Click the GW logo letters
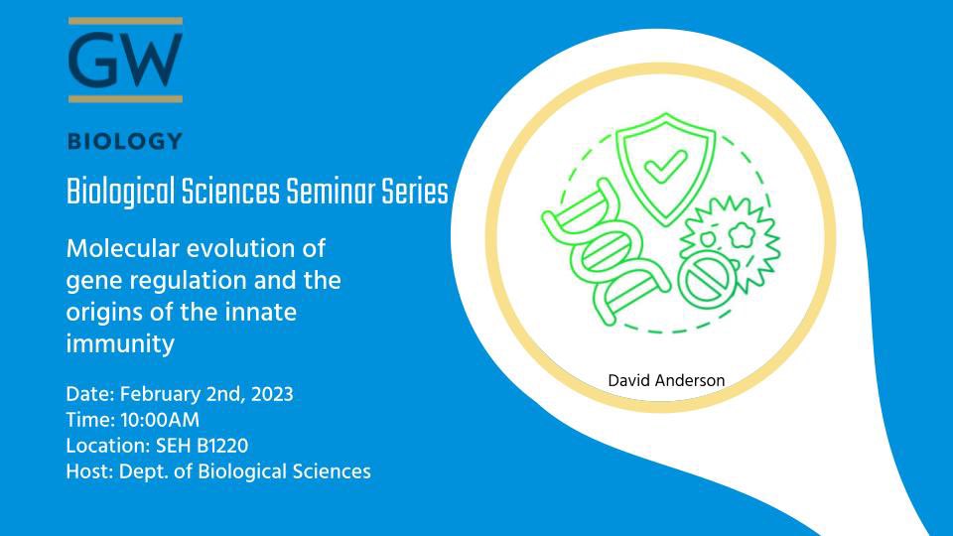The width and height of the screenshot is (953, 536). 125,60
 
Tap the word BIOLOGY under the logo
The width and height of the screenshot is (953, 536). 125,141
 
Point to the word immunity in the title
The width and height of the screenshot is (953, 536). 120,344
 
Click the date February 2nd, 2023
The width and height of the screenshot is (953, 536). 203,394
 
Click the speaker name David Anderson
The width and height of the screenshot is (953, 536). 665,379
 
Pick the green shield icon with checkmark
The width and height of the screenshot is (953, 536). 656,171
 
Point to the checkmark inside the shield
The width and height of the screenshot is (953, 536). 656,170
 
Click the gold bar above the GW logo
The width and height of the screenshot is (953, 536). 125,21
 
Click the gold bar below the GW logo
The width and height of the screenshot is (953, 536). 125,98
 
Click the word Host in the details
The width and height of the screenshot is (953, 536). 85,471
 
